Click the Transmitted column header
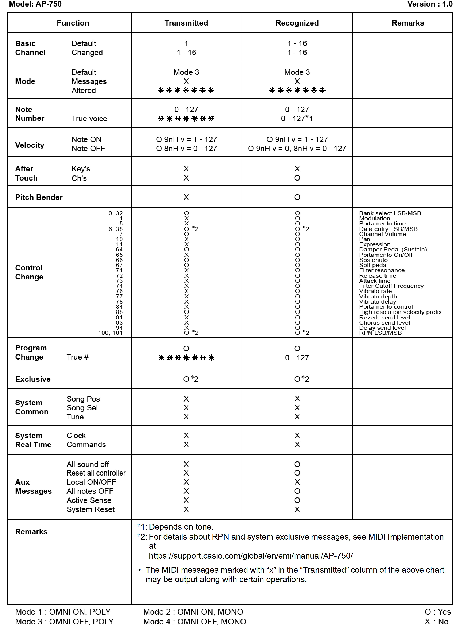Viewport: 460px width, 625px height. click(x=186, y=23)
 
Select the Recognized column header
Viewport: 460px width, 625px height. click(x=297, y=23)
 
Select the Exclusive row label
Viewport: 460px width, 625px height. click(x=33, y=379)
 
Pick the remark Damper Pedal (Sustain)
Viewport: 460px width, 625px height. click(x=393, y=250)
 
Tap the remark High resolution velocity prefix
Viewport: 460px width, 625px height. click(x=400, y=312)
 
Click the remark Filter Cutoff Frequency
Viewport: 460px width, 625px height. click(x=391, y=286)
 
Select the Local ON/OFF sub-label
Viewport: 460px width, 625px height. click(x=91, y=482)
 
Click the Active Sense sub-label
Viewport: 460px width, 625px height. click(x=89, y=500)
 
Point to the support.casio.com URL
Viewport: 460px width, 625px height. click(x=251, y=556)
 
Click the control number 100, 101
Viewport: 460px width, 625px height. click(x=110, y=333)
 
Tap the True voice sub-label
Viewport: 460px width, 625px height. click(x=89, y=119)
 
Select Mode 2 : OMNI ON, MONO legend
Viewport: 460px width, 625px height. click(x=193, y=612)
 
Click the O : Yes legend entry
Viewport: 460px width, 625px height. click(x=437, y=612)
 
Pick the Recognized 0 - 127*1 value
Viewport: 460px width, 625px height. click(x=297, y=119)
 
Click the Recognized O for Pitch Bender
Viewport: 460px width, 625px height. click(x=297, y=197)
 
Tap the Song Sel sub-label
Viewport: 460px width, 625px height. click(x=82, y=408)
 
